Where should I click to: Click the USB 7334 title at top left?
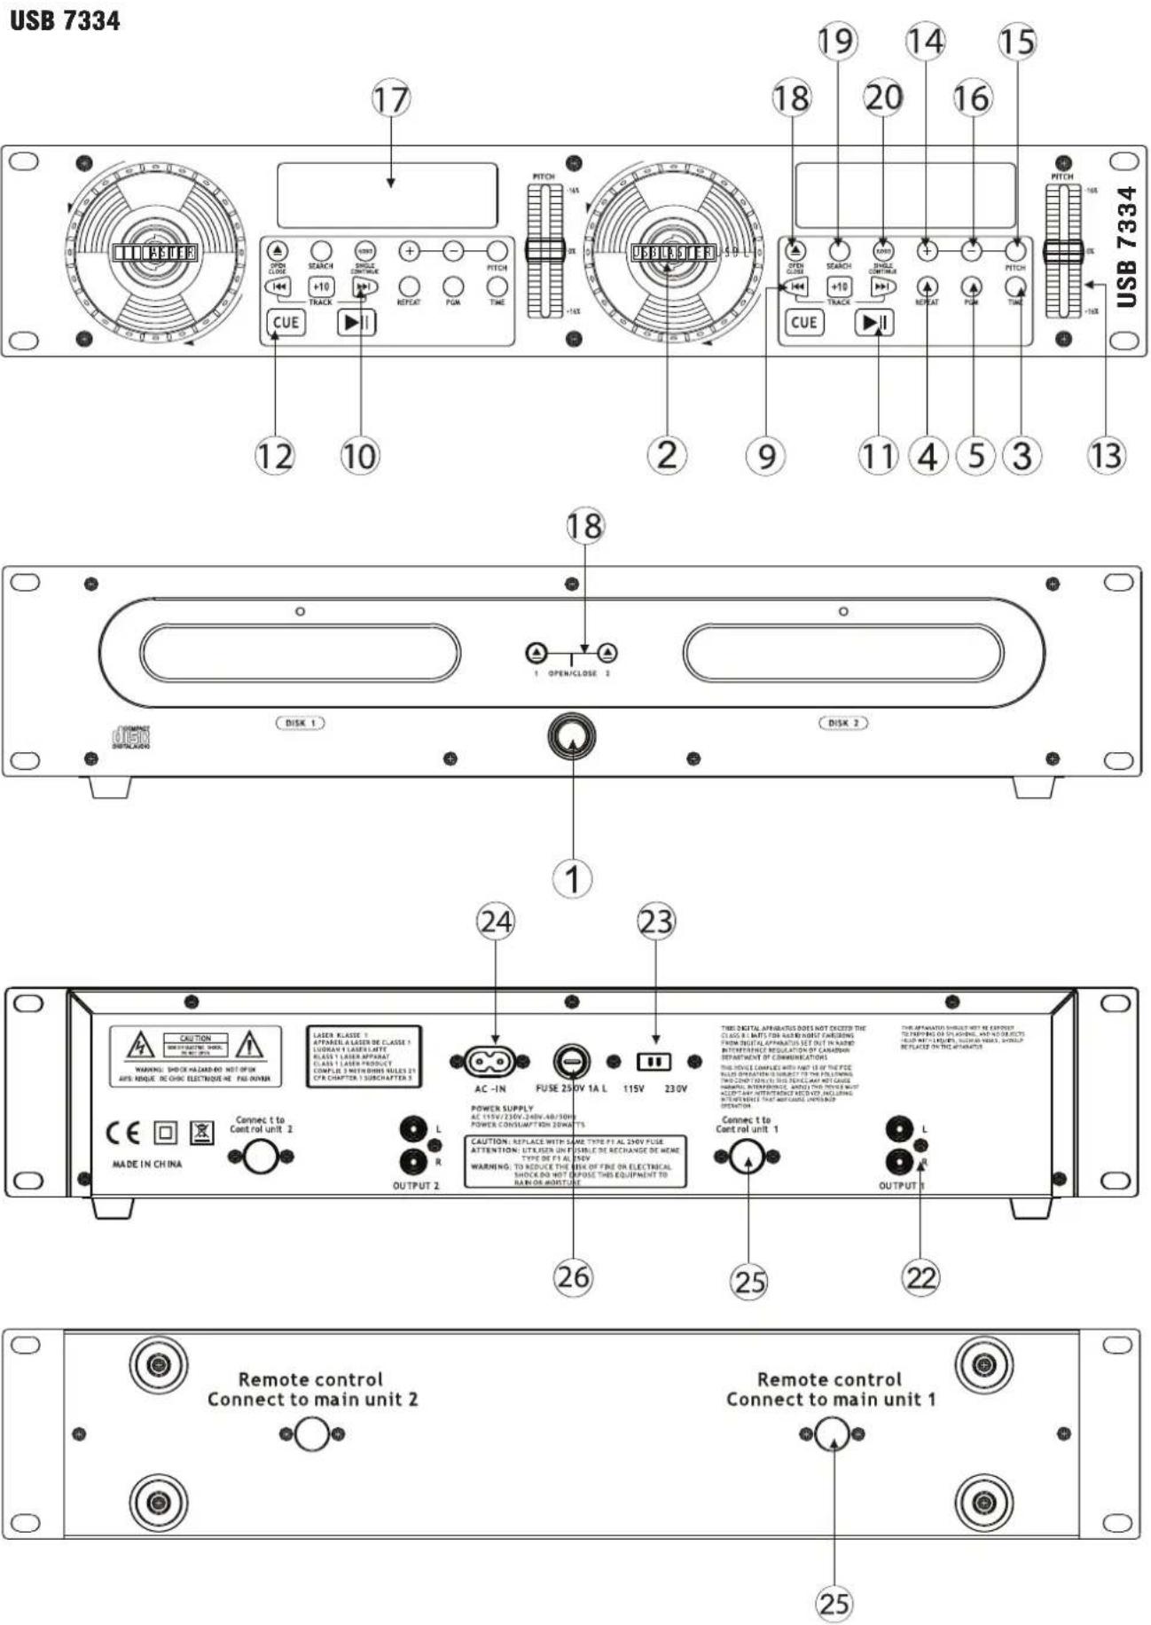tap(65, 20)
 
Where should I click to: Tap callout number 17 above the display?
tap(390, 98)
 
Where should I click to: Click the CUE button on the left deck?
tap(286, 322)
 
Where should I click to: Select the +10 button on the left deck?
tap(320, 287)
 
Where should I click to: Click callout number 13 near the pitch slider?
tap(1105, 455)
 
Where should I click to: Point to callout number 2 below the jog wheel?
tap(666, 455)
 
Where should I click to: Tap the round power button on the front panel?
tap(572, 735)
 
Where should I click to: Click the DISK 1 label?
tap(300, 723)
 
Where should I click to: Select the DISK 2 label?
tap(842, 723)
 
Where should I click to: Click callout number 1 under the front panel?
tap(572, 879)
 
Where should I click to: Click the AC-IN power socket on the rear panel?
tap(489, 1061)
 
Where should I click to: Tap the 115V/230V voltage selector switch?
tap(654, 1061)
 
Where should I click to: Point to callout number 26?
tap(573, 1276)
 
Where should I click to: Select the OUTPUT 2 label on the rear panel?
tap(416, 1186)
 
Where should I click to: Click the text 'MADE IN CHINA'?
tap(147, 1164)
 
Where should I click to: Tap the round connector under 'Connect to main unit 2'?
tap(311, 1434)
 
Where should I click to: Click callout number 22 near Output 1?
tap(920, 1277)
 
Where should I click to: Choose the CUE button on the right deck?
tap(803, 322)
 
